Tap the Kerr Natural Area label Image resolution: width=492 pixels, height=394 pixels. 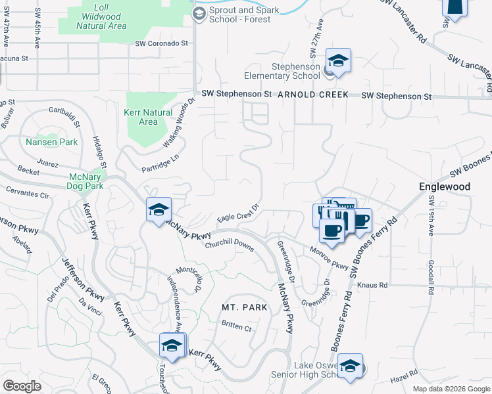pos(148,117)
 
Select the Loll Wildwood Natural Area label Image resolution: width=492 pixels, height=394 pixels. pos(101,16)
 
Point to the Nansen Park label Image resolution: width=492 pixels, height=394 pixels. pos(51,142)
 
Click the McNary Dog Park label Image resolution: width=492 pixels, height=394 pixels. pos(86,181)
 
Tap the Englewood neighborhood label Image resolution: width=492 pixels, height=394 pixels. pos(445,186)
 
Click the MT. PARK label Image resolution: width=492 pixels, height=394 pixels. pos(238,307)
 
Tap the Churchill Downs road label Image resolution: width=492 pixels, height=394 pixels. pos(229,245)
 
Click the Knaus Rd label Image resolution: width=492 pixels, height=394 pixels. pos(372,285)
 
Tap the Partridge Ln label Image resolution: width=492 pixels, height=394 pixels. pos(160,164)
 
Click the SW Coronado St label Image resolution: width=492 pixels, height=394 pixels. pos(162,43)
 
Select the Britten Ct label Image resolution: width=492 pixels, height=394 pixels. pos(236,326)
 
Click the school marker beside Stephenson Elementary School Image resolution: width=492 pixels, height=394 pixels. pos(338,62)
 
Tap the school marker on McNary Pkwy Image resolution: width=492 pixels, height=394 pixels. pos(159,209)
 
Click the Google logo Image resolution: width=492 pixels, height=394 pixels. pos(22,386)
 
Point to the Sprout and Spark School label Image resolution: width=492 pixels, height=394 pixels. pos(243,14)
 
